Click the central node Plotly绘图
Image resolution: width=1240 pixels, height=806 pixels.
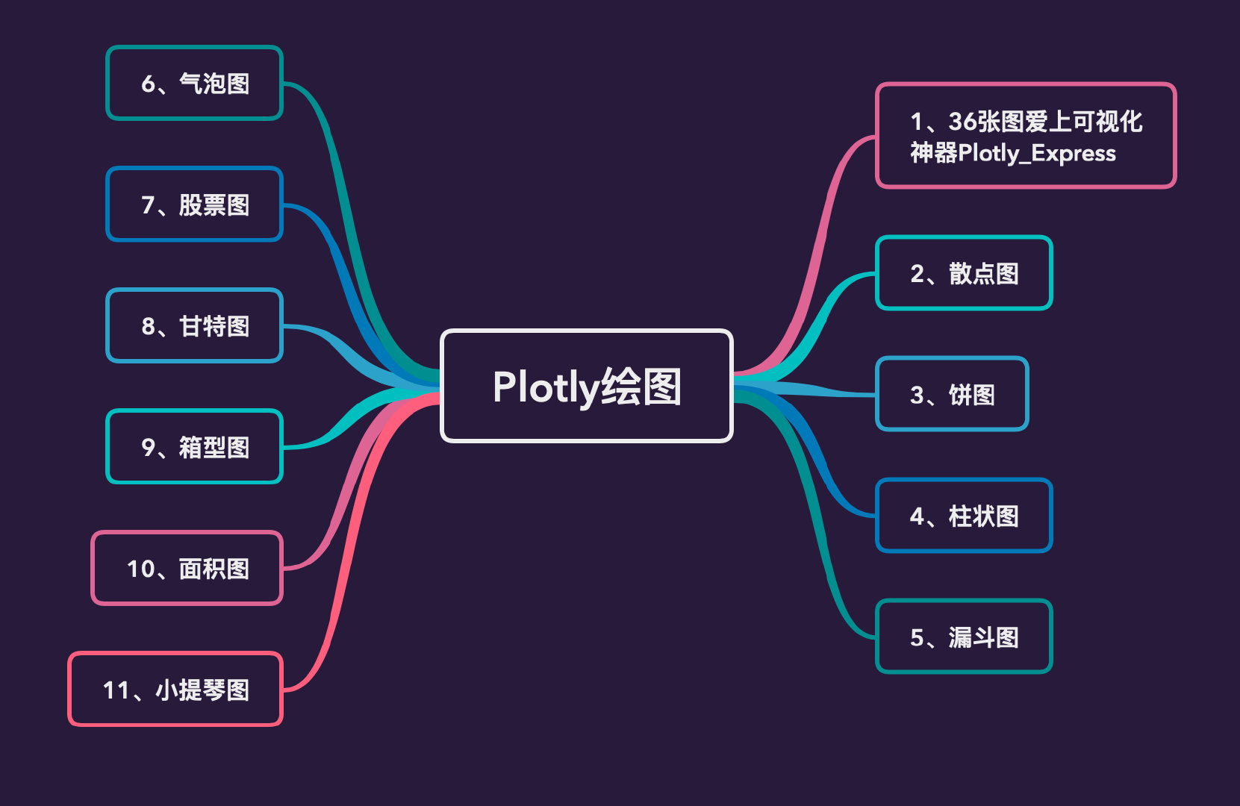tap(587, 386)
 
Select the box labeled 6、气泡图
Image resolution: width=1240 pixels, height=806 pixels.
tap(194, 83)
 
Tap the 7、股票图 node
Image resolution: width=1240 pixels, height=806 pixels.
tap(194, 204)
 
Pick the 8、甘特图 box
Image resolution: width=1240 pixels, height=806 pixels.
tap(194, 326)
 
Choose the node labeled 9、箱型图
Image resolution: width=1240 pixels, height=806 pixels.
tap(194, 447)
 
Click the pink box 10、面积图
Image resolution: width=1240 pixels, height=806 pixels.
tap(187, 569)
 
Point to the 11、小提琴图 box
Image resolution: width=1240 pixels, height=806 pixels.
tap(175, 690)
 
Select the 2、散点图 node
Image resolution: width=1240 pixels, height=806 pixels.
tap(964, 273)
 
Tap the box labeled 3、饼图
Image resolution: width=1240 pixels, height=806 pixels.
tap(952, 394)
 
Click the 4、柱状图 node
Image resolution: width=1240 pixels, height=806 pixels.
tap(964, 516)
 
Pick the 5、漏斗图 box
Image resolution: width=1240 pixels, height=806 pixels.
tap(964, 637)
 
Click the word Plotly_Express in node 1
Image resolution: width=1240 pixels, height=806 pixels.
tap(1037, 154)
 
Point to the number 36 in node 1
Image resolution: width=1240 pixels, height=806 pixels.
tap(963, 122)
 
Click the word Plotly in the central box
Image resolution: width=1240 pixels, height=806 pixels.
tap(546, 387)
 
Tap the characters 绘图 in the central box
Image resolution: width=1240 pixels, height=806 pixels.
tap(641, 387)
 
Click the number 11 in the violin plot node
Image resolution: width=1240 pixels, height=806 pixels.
tap(116, 690)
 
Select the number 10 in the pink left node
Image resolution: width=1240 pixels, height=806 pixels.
tap(140, 569)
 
